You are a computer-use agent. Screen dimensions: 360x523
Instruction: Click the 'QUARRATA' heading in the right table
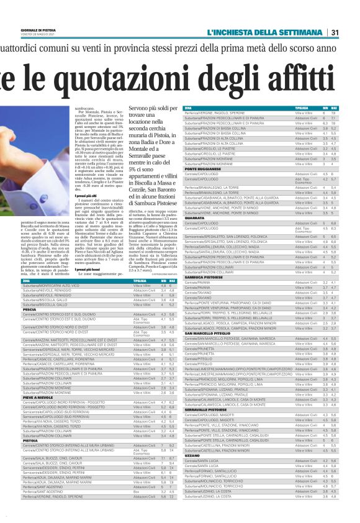[x=195, y=217]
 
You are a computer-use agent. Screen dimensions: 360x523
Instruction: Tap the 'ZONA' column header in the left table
[x=43, y=280]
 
